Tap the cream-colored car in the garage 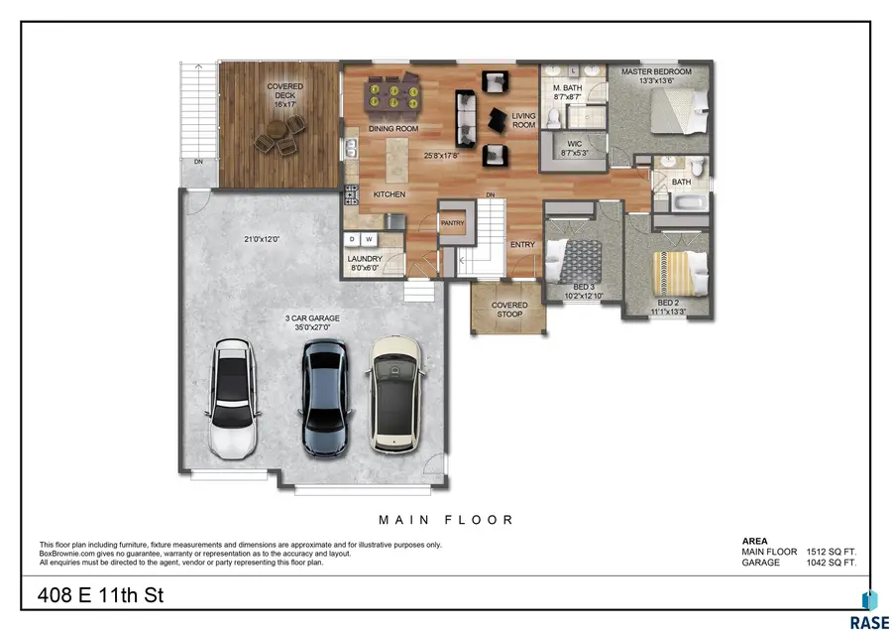point(395,395)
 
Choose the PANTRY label point(453,223)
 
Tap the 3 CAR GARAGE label point(312,317)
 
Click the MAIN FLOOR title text point(446,519)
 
